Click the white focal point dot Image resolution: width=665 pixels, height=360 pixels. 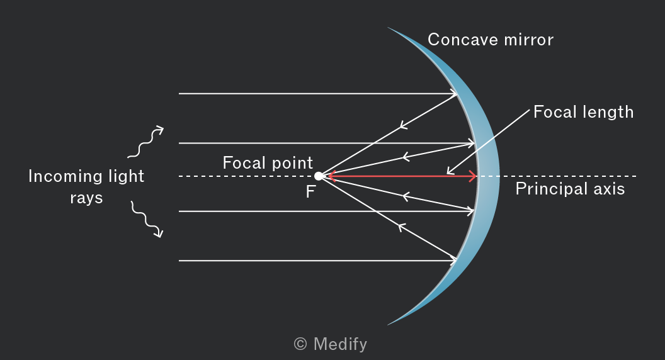(319, 176)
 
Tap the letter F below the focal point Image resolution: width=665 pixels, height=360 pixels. (310, 192)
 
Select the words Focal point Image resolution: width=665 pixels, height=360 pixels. (268, 163)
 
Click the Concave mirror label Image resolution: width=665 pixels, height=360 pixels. (491, 40)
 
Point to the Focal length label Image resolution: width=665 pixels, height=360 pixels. (584, 113)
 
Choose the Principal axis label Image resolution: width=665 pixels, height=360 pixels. (570, 189)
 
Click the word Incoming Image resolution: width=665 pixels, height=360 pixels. (62, 176)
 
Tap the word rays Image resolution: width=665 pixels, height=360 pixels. (86, 198)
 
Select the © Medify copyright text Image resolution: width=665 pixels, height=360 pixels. (331, 344)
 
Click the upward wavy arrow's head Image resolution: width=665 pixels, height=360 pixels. (159, 129)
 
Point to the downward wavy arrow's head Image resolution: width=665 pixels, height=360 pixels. (159, 233)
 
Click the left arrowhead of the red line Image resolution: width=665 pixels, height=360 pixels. (331, 176)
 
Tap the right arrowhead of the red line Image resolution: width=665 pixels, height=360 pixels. (472, 176)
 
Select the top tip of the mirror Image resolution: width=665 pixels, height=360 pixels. (388, 28)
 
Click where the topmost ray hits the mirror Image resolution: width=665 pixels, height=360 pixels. (457, 94)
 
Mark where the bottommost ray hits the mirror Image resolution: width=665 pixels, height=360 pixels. (457, 261)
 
